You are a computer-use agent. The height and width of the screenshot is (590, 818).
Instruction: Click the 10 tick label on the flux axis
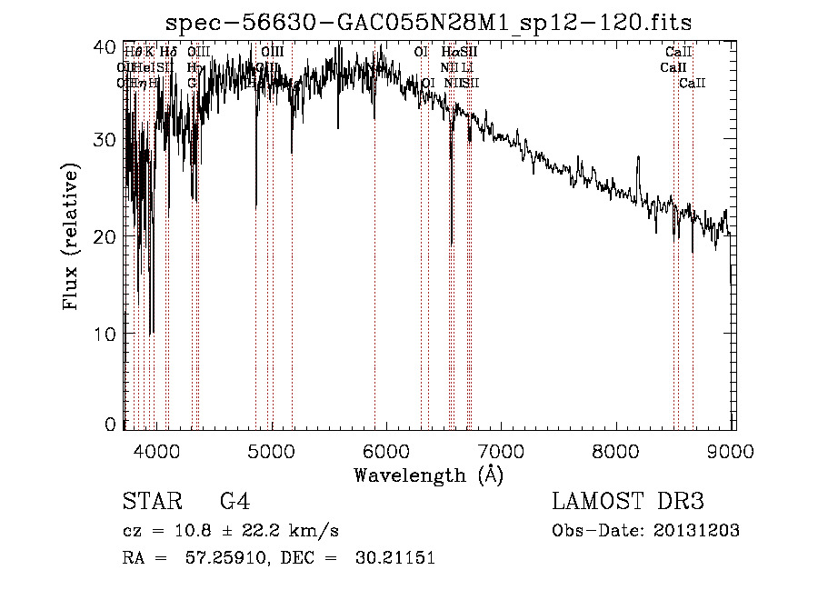106,334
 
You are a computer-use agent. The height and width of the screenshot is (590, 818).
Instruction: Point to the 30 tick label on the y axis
106,140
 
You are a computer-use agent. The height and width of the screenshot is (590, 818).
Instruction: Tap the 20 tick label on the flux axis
106,236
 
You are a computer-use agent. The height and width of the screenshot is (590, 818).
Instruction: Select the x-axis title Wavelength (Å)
428,475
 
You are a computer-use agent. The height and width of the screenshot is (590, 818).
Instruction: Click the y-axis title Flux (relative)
71,236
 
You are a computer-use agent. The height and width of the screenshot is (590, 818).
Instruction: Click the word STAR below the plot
150,501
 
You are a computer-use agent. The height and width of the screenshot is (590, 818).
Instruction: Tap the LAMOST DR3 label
628,501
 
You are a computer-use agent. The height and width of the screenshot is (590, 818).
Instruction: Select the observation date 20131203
694,531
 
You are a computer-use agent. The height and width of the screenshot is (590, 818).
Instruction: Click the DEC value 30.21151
394,558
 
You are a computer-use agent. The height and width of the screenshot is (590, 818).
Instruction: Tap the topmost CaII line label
679,53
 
